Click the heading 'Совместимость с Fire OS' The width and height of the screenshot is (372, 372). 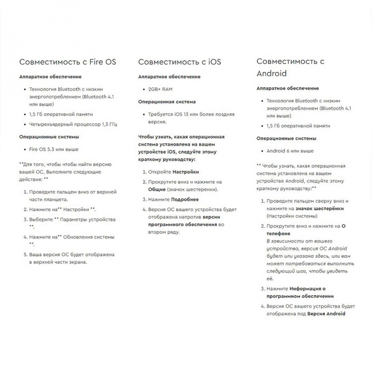tap(68, 62)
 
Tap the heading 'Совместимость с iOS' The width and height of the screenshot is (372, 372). tap(179, 62)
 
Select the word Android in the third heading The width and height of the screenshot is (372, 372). tap(271, 73)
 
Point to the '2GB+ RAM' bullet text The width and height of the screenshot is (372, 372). tap(160, 89)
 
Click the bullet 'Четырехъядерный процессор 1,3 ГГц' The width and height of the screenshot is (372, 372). tap(73, 125)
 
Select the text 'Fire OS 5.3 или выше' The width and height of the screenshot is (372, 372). tap(54, 149)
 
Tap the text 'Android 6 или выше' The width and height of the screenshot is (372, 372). tap(290, 151)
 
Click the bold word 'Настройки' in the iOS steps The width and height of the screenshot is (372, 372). tap(185, 172)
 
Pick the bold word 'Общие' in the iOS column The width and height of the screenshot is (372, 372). tap(157, 189)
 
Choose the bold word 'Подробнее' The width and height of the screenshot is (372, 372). tap(184, 199)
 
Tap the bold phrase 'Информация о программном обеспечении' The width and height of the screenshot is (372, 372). tap(300, 292)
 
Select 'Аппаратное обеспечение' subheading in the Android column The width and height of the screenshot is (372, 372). tap(288, 88)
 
